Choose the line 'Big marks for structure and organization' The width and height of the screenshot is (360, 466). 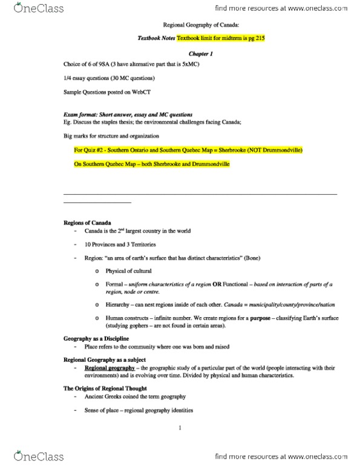[x=110, y=136]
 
